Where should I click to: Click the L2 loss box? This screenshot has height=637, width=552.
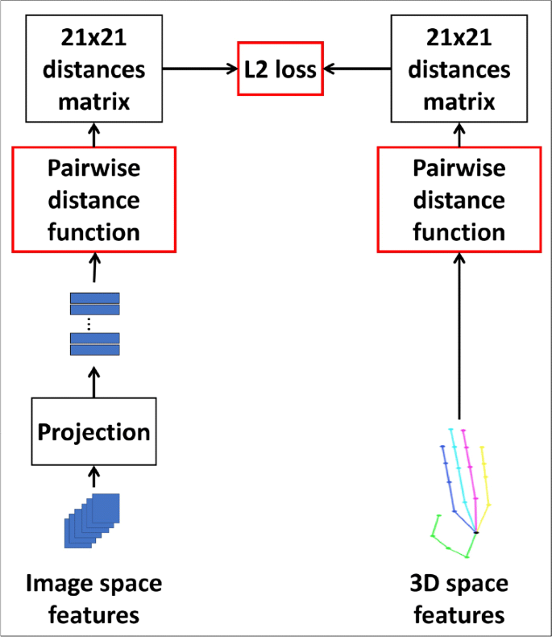(x=280, y=69)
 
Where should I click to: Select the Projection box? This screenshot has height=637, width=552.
(x=94, y=431)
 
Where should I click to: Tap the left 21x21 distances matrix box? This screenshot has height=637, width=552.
(x=94, y=69)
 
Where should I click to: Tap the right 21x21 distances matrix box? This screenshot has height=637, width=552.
(x=459, y=69)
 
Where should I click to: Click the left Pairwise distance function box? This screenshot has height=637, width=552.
(x=94, y=199)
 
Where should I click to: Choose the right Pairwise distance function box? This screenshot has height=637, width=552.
(x=459, y=199)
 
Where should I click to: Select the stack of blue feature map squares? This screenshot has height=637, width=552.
(x=93, y=520)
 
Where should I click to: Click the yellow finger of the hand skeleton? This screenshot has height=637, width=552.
(x=484, y=476)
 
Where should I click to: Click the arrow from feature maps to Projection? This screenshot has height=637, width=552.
(x=94, y=477)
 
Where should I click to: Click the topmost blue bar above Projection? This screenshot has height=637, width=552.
(x=94, y=298)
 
